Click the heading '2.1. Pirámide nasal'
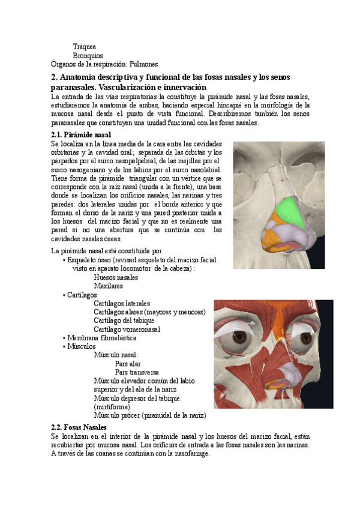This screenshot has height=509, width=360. coord(81,135)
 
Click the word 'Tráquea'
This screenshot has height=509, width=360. coord(85,46)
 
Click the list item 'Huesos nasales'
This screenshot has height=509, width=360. coord(116,278)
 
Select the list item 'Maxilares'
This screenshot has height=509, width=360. coord(109,286)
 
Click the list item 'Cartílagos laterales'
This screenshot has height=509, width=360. coord(122,304)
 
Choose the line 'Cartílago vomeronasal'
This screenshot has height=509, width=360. coord(127,330)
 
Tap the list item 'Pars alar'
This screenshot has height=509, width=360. coord(128,364)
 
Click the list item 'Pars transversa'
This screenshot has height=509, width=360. coord(137,372)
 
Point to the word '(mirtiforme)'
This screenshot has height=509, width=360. coord(114,406)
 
